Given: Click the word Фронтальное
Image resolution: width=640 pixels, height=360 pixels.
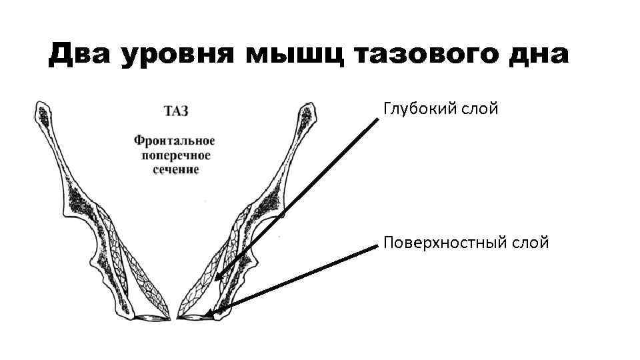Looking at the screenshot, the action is pos(174,141).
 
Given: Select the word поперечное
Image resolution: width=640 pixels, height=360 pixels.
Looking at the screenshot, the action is pos(175,155).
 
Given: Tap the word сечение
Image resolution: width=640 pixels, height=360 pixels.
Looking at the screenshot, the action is pos(175,169).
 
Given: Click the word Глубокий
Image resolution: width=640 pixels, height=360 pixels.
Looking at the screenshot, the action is pos(418,108).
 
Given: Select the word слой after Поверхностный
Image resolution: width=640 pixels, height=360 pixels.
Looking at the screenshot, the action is pos(531,243).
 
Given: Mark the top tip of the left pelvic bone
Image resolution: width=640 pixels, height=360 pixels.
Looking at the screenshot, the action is pos(40,104).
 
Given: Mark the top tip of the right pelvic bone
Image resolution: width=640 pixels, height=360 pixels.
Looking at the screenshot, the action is pos(308,104).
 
